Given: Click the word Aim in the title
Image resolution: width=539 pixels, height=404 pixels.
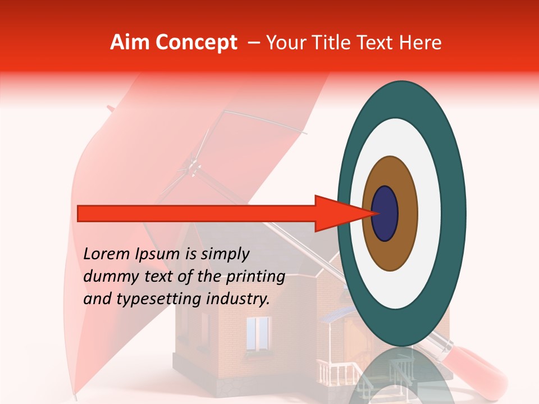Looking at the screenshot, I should click(x=130, y=43).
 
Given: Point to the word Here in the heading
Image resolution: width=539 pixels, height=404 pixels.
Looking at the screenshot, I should click(x=421, y=43).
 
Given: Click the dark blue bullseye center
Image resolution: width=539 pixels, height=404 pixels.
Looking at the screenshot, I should click(x=385, y=214).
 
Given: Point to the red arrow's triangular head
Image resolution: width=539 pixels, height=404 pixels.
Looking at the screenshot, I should click(x=337, y=214).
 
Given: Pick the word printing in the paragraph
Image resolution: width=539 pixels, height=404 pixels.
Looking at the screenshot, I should click(x=258, y=277).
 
